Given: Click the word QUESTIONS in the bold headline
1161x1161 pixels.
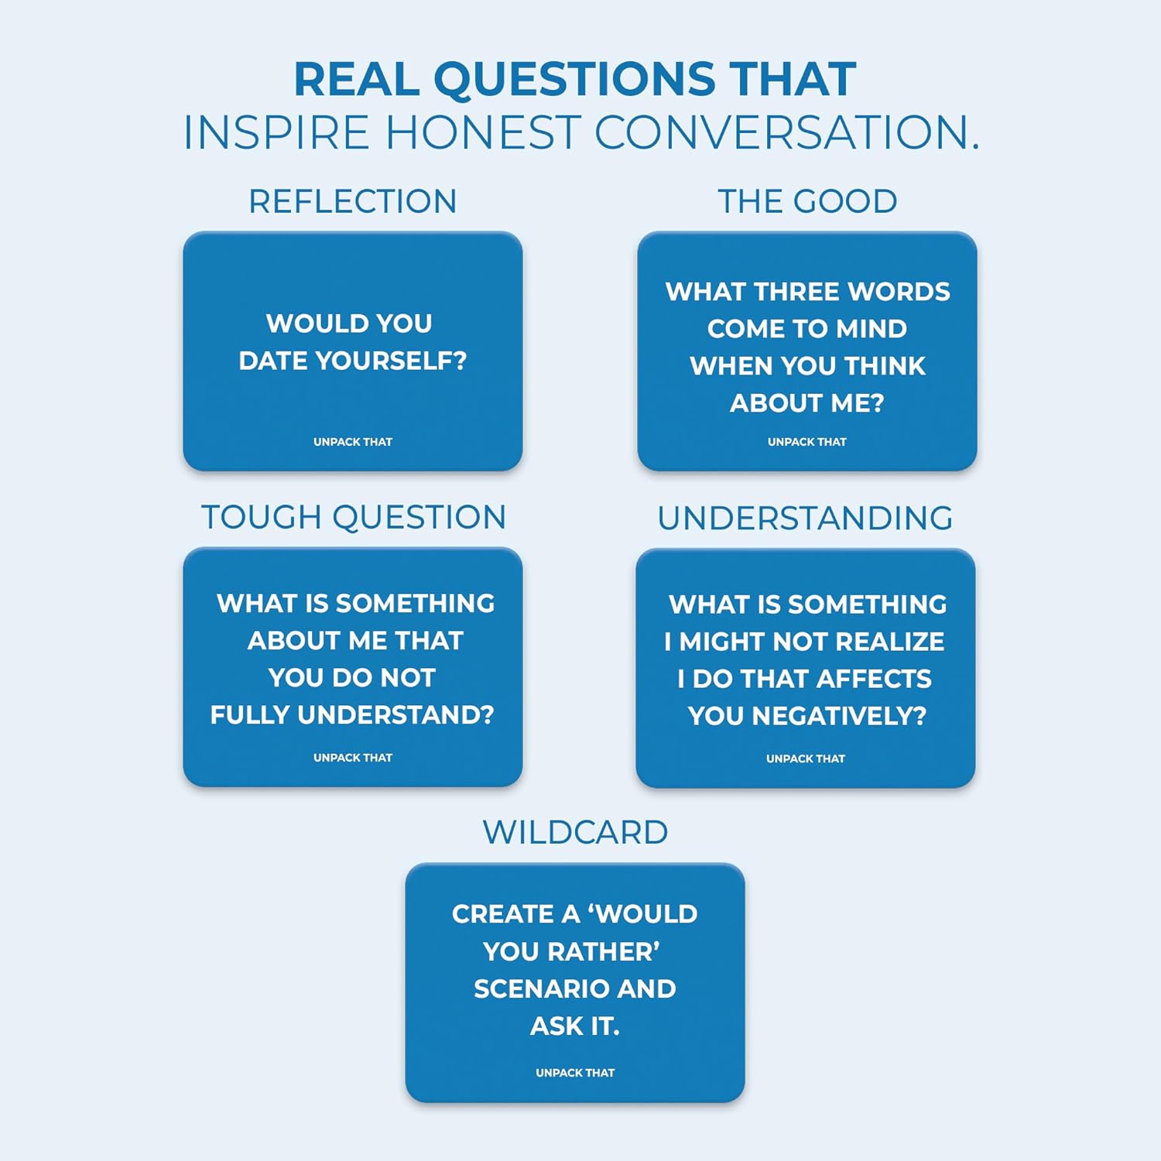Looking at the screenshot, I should pos(574,80).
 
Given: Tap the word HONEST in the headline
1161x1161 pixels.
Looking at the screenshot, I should pos(482,132).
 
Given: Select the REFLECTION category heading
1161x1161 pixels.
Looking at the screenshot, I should pos(352,201).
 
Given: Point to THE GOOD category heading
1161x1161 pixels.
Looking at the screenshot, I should pos(807,201).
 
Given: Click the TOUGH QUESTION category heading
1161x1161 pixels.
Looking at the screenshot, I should pos(353,517).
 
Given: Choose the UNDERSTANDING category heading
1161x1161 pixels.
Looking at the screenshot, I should pos(805,518).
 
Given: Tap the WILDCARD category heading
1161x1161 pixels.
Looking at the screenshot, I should pos(575,833).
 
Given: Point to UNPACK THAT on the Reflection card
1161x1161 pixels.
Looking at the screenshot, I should pos(352,442).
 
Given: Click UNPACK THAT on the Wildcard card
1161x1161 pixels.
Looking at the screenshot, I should pos(575,1073).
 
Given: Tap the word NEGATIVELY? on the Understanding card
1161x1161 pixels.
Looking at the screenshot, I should pos(839,716).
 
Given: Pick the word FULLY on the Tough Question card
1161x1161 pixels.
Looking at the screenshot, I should pos(250,714).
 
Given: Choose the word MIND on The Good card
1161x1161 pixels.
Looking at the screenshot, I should pos(872,329).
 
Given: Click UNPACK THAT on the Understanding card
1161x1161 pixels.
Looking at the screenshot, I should pos(805,759).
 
